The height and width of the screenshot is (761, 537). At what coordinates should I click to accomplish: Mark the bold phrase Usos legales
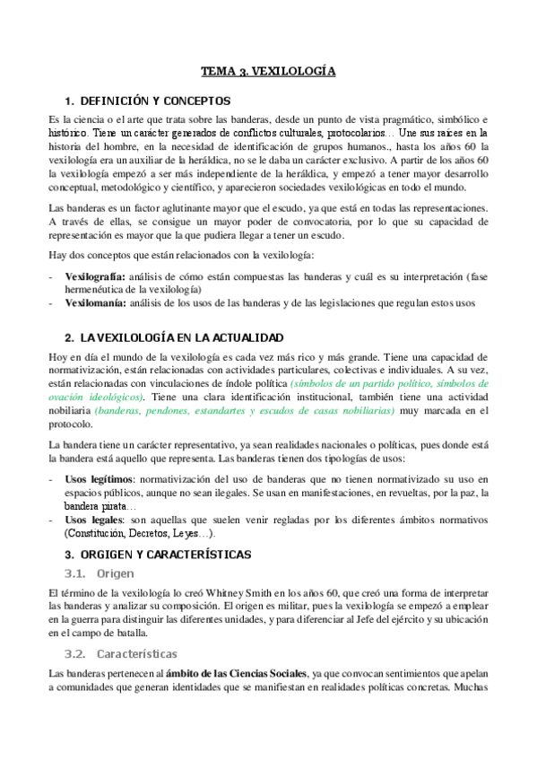tap(93, 520)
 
